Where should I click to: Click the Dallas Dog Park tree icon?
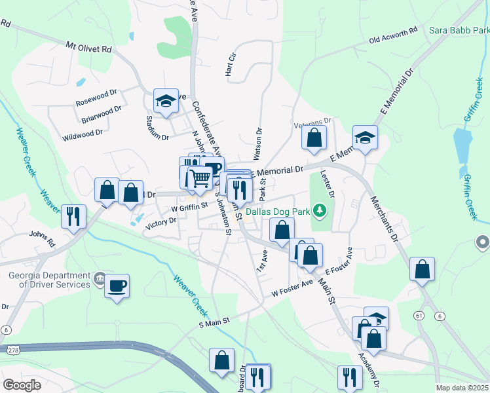319,211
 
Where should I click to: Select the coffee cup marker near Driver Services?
117,286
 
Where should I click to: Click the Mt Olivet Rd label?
89,48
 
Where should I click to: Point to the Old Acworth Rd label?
393,35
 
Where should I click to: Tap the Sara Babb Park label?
459,30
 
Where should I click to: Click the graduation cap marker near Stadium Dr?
166,102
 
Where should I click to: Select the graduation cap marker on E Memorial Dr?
365,138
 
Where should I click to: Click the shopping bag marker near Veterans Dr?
314,138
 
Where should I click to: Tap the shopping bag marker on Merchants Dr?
423,269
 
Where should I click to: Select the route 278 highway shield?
12,351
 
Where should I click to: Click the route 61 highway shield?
418,316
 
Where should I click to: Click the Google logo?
22,385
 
